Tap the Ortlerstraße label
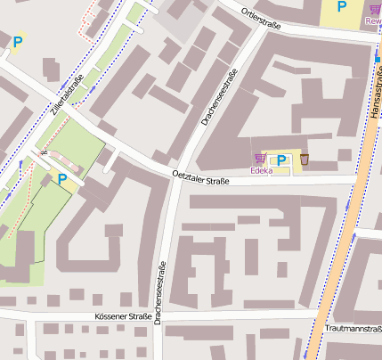tap(261, 15)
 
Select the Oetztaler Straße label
tap(200, 178)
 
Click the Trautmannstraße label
tap(354, 329)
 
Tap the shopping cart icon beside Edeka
tap(260, 159)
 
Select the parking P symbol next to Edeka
tap(281, 160)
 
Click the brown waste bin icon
tap(305, 160)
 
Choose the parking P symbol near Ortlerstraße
tap(341, 7)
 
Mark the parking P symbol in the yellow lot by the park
tap(62, 179)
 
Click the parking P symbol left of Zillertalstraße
tap(18, 41)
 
